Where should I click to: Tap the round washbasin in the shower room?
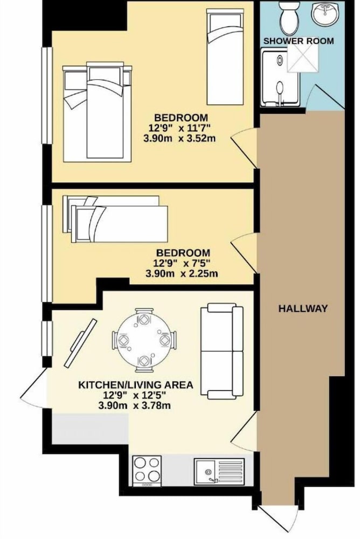coord(324,13)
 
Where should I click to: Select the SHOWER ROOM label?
coord(299,41)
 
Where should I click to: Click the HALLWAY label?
coord(302,308)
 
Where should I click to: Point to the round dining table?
coord(144,340)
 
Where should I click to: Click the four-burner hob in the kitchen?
coord(147,471)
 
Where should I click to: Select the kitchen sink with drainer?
coord(219,471)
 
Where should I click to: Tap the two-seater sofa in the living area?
coord(222,351)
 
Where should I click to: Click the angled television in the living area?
coord(81,343)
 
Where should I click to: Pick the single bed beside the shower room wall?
coord(225,57)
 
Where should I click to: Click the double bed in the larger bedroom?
coord(98,112)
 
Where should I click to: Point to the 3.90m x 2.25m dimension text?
coord(182,274)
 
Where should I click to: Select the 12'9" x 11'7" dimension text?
coord(179,128)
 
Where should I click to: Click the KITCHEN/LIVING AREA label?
coord(135,385)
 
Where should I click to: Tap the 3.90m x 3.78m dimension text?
coord(134,406)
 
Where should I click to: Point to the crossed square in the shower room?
coord(303,59)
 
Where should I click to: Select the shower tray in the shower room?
coord(280,77)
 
